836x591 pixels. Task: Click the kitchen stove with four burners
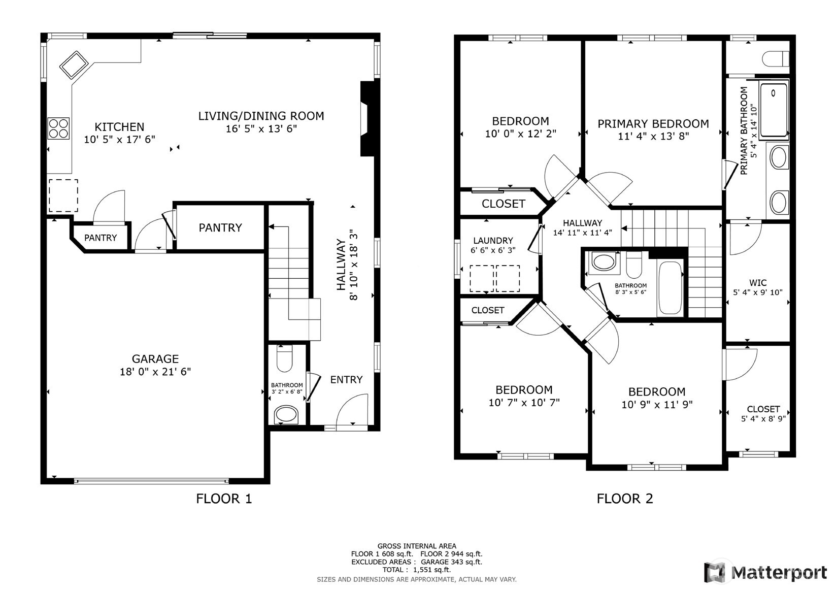tap(58, 128)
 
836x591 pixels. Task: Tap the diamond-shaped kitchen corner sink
tap(74, 65)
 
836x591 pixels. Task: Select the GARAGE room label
tap(155, 359)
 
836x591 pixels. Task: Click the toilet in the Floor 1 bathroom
tap(284, 358)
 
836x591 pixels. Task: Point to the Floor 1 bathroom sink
tap(286, 415)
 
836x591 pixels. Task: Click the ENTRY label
tap(346, 380)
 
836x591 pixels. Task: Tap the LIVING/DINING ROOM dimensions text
tap(261, 129)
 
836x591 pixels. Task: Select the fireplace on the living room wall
tap(367, 119)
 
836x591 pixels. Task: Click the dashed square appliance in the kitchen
tap(63, 195)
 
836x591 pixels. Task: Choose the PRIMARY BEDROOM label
tap(653, 124)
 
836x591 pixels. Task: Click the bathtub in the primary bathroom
tap(774, 110)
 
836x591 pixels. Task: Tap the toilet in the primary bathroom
tap(776, 59)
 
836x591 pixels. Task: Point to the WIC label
tap(758, 283)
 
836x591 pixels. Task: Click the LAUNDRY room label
tap(493, 241)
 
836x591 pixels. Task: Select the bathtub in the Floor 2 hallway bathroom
tap(671, 288)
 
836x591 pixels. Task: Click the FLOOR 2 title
tap(625, 499)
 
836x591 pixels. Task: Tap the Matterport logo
tap(766, 572)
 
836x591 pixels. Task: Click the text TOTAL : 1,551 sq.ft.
tap(417, 570)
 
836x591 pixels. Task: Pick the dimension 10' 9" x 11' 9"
tap(657, 404)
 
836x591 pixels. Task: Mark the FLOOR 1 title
tap(224, 499)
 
